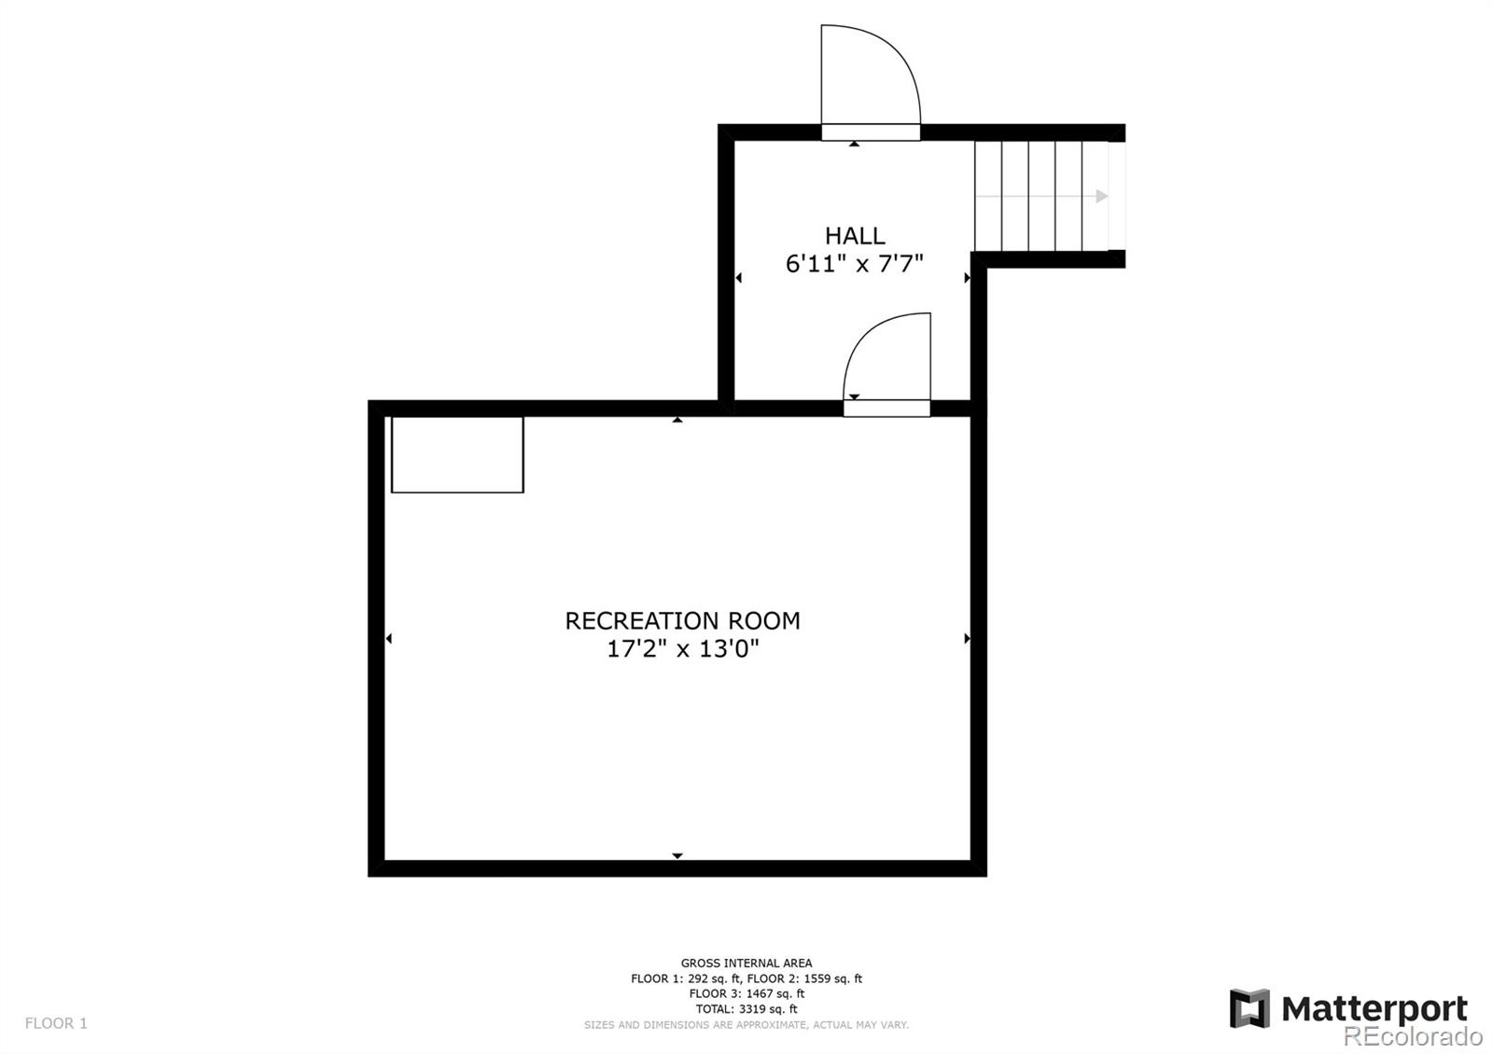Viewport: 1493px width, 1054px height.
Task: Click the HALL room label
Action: point(854,235)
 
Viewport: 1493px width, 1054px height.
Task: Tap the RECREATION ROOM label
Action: point(682,620)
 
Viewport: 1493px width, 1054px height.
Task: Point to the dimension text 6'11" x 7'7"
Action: point(854,264)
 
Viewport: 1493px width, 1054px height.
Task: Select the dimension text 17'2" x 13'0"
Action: point(682,649)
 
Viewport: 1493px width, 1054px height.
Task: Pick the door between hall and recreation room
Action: point(886,364)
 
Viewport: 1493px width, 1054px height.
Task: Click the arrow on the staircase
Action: point(1101,196)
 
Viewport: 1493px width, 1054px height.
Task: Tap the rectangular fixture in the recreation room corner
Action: point(457,454)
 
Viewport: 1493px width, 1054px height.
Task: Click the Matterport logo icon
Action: point(1249,1008)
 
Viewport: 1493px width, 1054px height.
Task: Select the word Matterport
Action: point(1374,1008)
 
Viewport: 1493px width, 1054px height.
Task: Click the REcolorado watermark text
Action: point(1413,1036)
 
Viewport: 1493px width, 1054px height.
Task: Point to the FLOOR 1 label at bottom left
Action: point(56,1023)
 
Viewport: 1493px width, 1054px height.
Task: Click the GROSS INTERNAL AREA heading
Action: point(746,963)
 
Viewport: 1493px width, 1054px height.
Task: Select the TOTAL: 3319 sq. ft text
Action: point(746,1008)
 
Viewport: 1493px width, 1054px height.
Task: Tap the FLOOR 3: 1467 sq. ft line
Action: point(746,993)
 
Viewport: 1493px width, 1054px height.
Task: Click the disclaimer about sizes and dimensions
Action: point(746,1024)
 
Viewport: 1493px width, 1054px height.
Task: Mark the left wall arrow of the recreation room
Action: point(388,639)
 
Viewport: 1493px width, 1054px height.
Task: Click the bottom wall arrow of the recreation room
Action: point(677,855)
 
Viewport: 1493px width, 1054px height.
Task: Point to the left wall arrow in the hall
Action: point(738,278)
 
